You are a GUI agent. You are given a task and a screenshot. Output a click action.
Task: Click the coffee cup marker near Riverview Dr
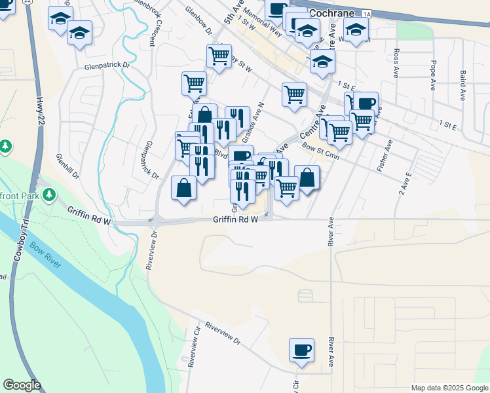tap(301, 350)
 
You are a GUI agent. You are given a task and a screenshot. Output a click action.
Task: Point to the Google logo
tap(22, 385)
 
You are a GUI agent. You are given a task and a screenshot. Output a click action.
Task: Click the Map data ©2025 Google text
tap(449, 388)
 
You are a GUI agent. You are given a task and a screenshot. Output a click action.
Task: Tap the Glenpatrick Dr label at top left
tap(107, 66)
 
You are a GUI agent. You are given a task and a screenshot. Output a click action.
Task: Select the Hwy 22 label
tap(41, 111)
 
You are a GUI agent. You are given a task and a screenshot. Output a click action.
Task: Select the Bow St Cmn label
tap(320, 149)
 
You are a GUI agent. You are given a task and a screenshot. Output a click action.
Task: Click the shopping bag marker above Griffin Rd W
tap(184, 189)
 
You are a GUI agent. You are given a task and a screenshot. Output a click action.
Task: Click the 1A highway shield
tap(366, 13)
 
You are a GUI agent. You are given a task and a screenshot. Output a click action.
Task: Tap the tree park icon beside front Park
tap(48, 195)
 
